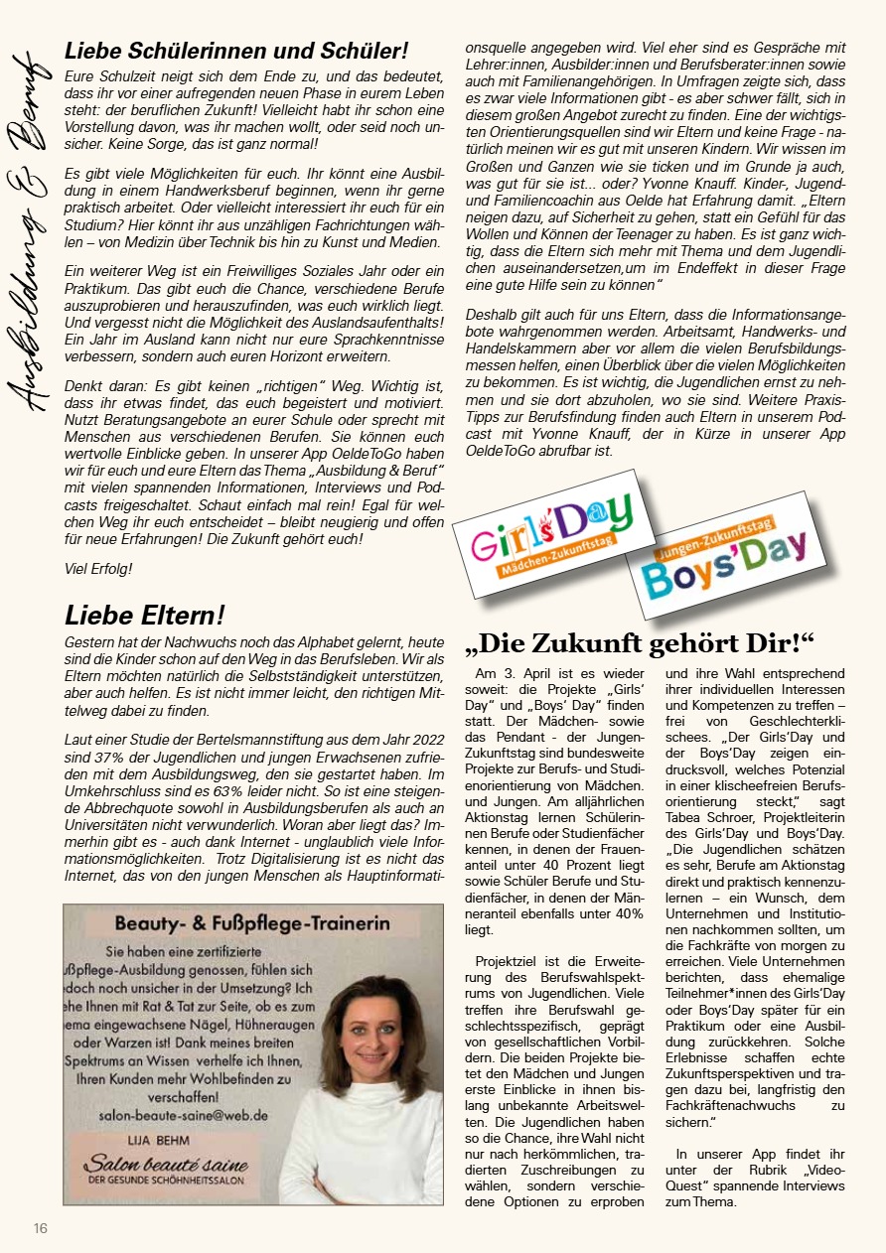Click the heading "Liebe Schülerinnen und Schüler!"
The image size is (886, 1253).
point(236,51)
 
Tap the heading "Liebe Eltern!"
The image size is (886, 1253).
point(145,615)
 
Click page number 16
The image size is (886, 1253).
point(40,1228)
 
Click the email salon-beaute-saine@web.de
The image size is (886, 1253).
point(183,1115)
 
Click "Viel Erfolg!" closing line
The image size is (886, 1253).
point(97,569)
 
